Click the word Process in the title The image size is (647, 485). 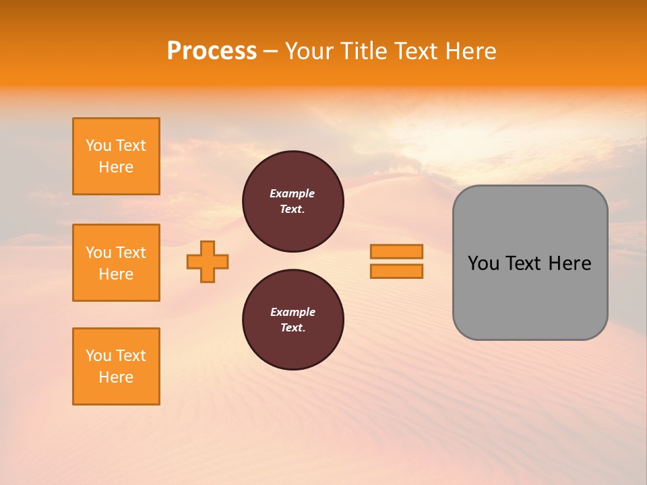tap(212, 51)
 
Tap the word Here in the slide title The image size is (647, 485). tap(470, 51)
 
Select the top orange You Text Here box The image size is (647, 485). tap(116, 156)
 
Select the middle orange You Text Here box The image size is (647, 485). tap(116, 263)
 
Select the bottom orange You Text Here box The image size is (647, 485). tap(116, 366)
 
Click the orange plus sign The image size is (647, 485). tap(208, 261)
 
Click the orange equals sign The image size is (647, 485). tap(396, 261)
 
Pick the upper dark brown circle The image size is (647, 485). tap(292, 201)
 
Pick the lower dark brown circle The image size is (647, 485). tap(292, 320)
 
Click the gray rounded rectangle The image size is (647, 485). tap(530, 263)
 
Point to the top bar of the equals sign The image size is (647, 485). tap(396, 251)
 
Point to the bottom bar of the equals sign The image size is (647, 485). tap(396, 271)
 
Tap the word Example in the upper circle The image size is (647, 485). tap(292, 193)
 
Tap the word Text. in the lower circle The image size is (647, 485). tap(292, 328)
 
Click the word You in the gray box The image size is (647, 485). tap(483, 263)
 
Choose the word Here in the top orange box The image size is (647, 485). tap(116, 167)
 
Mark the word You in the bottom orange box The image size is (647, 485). tap(98, 356)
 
